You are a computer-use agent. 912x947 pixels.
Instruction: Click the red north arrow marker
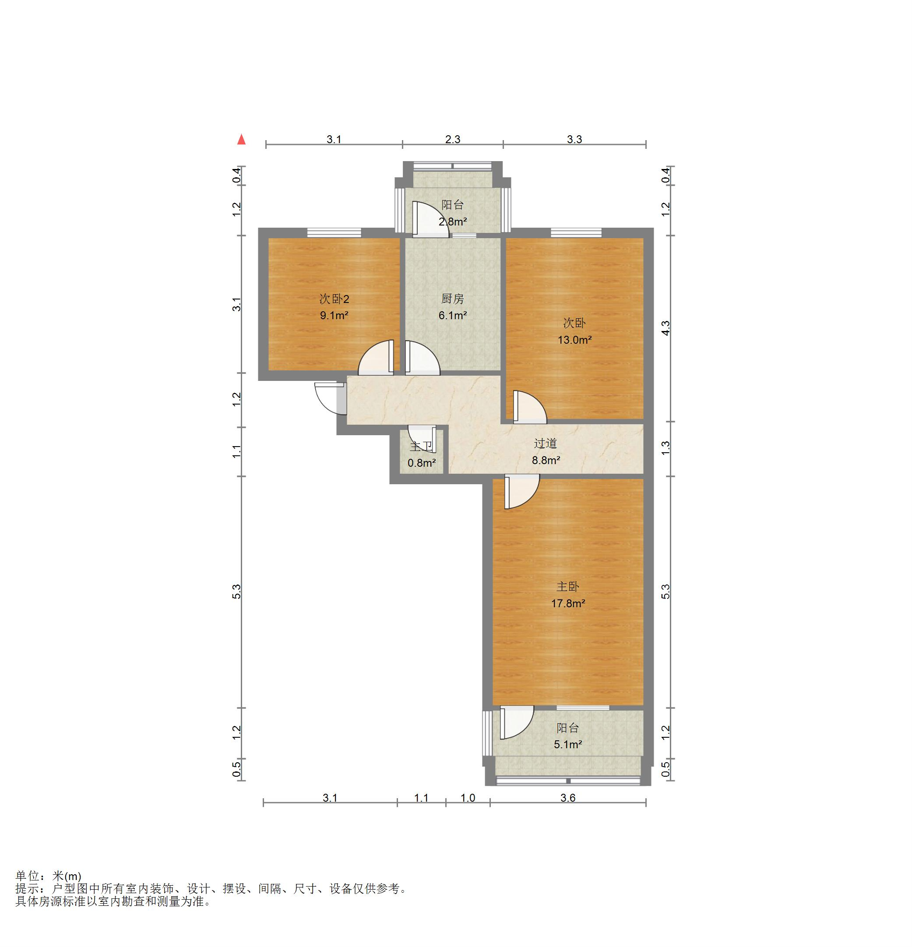(242, 140)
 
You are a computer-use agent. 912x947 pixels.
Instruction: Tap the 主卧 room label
(567, 587)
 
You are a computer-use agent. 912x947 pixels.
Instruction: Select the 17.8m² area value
(568, 603)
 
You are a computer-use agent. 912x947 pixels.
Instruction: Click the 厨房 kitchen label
(453, 299)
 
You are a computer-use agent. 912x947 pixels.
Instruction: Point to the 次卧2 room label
(334, 299)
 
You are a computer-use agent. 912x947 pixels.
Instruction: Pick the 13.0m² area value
(575, 340)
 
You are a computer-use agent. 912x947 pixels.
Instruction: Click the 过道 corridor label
(546, 443)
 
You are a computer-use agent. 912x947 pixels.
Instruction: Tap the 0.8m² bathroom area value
(422, 463)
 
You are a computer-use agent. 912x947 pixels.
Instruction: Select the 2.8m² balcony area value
(453, 222)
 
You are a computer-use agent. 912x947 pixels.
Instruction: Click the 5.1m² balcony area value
(568, 744)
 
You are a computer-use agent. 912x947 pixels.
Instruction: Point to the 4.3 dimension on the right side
(666, 328)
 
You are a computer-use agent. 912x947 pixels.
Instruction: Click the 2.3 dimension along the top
(453, 139)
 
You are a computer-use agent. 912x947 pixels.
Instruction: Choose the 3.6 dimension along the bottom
(568, 798)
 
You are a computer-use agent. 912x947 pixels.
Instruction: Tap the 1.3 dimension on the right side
(666, 448)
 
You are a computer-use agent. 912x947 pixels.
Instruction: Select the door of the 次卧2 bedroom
(376, 358)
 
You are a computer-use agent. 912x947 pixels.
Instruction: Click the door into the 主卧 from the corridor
(522, 491)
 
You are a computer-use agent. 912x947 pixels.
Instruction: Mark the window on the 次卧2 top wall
(334, 232)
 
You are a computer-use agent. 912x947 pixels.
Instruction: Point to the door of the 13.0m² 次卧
(530, 407)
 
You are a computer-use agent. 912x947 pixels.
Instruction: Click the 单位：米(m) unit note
(48, 876)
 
